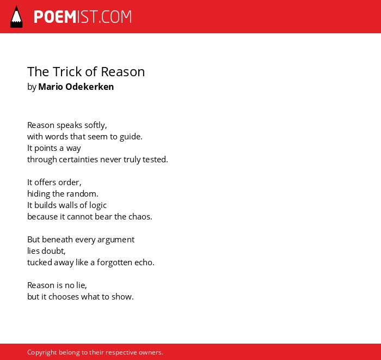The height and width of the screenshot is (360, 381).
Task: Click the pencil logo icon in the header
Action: click(16, 17)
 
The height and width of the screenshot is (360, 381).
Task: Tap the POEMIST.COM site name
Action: click(83, 17)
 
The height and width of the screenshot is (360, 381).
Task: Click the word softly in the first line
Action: click(95, 125)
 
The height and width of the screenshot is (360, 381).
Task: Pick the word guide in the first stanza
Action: click(131, 137)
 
